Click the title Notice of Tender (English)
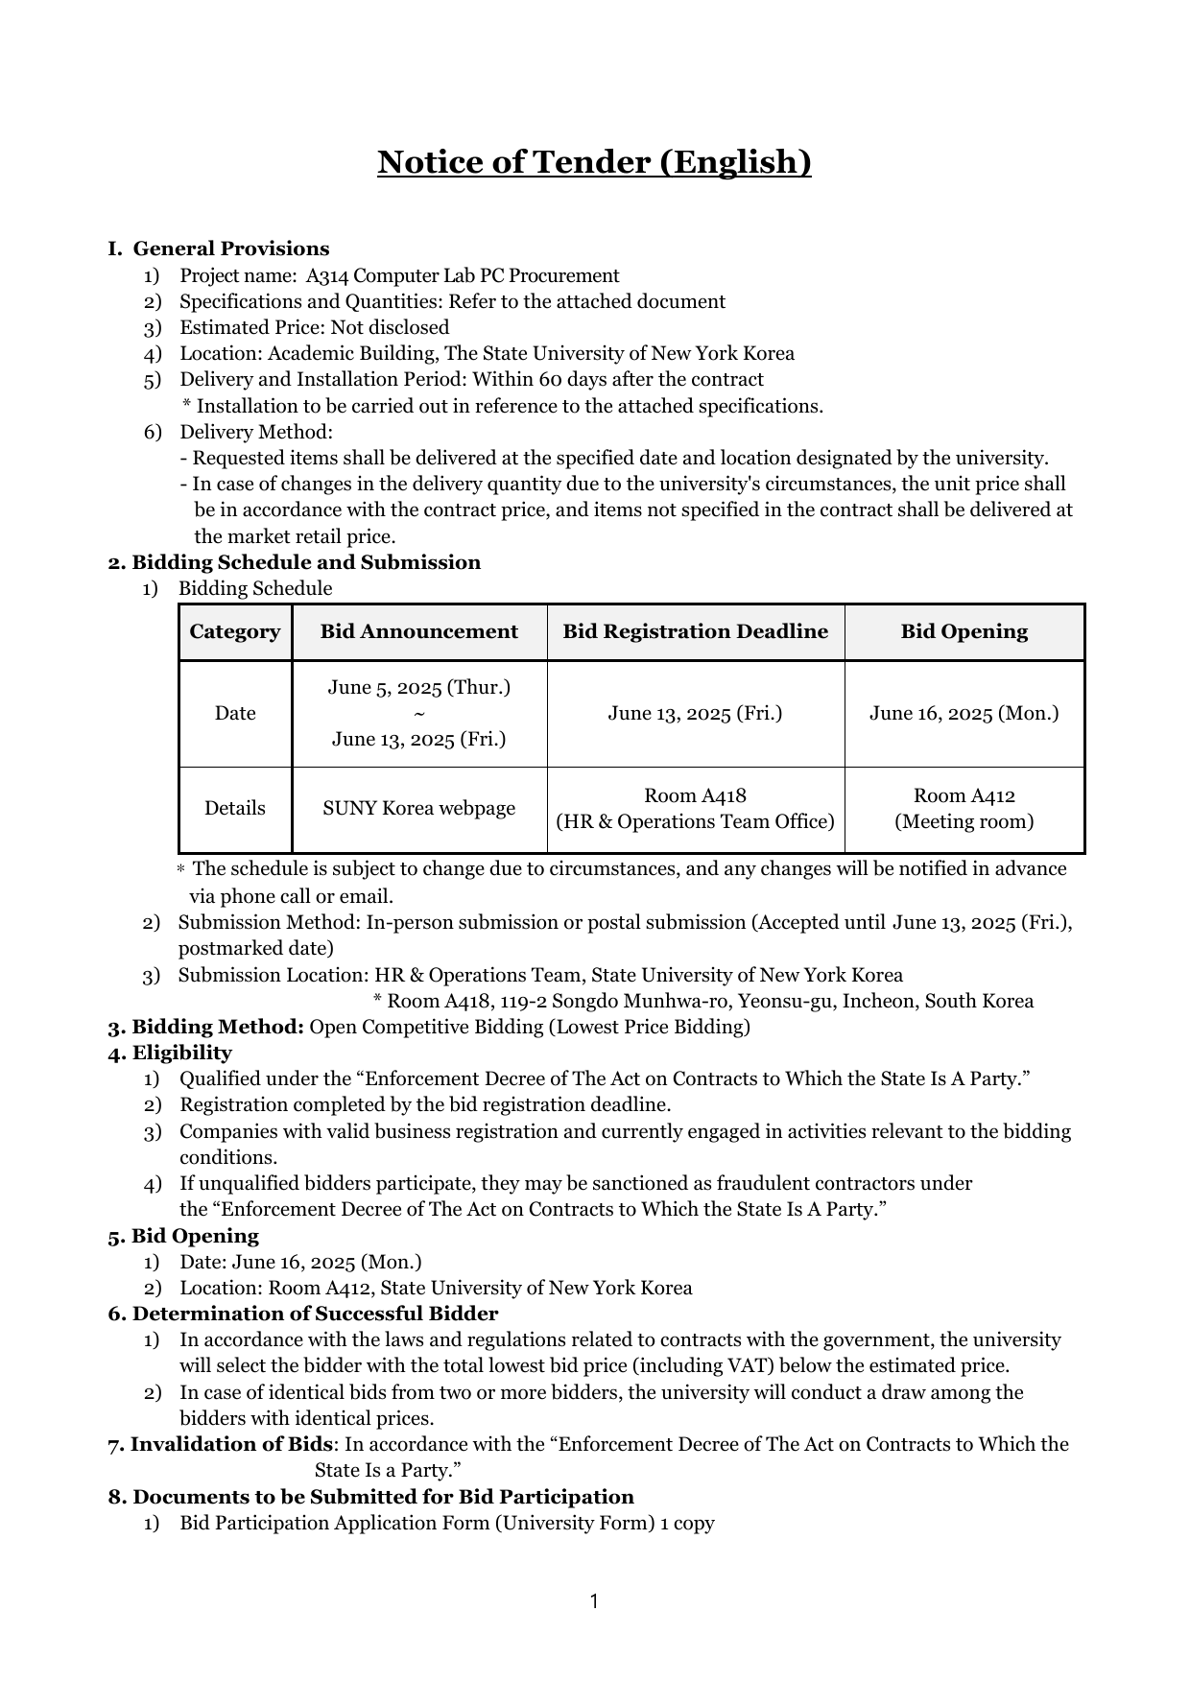(x=594, y=162)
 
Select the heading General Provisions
(x=230, y=249)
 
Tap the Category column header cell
(x=235, y=632)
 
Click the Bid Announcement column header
(x=419, y=632)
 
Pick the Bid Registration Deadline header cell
(x=695, y=632)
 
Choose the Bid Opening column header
(x=964, y=632)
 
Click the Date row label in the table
(x=235, y=714)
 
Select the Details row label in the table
(x=235, y=809)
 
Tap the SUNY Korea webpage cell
(x=419, y=809)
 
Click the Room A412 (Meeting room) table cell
(x=964, y=809)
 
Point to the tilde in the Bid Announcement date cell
(x=419, y=714)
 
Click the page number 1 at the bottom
(x=594, y=1601)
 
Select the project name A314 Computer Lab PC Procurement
(x=463, y=276)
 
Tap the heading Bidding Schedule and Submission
(x=305, y=563)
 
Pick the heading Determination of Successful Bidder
(x=315, y=1315)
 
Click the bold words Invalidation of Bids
(x=231, y=1445)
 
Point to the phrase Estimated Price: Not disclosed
(x=314, y=328)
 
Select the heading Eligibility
(x=181, y=1054)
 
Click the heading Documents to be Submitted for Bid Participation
(x=383, y=1498)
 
